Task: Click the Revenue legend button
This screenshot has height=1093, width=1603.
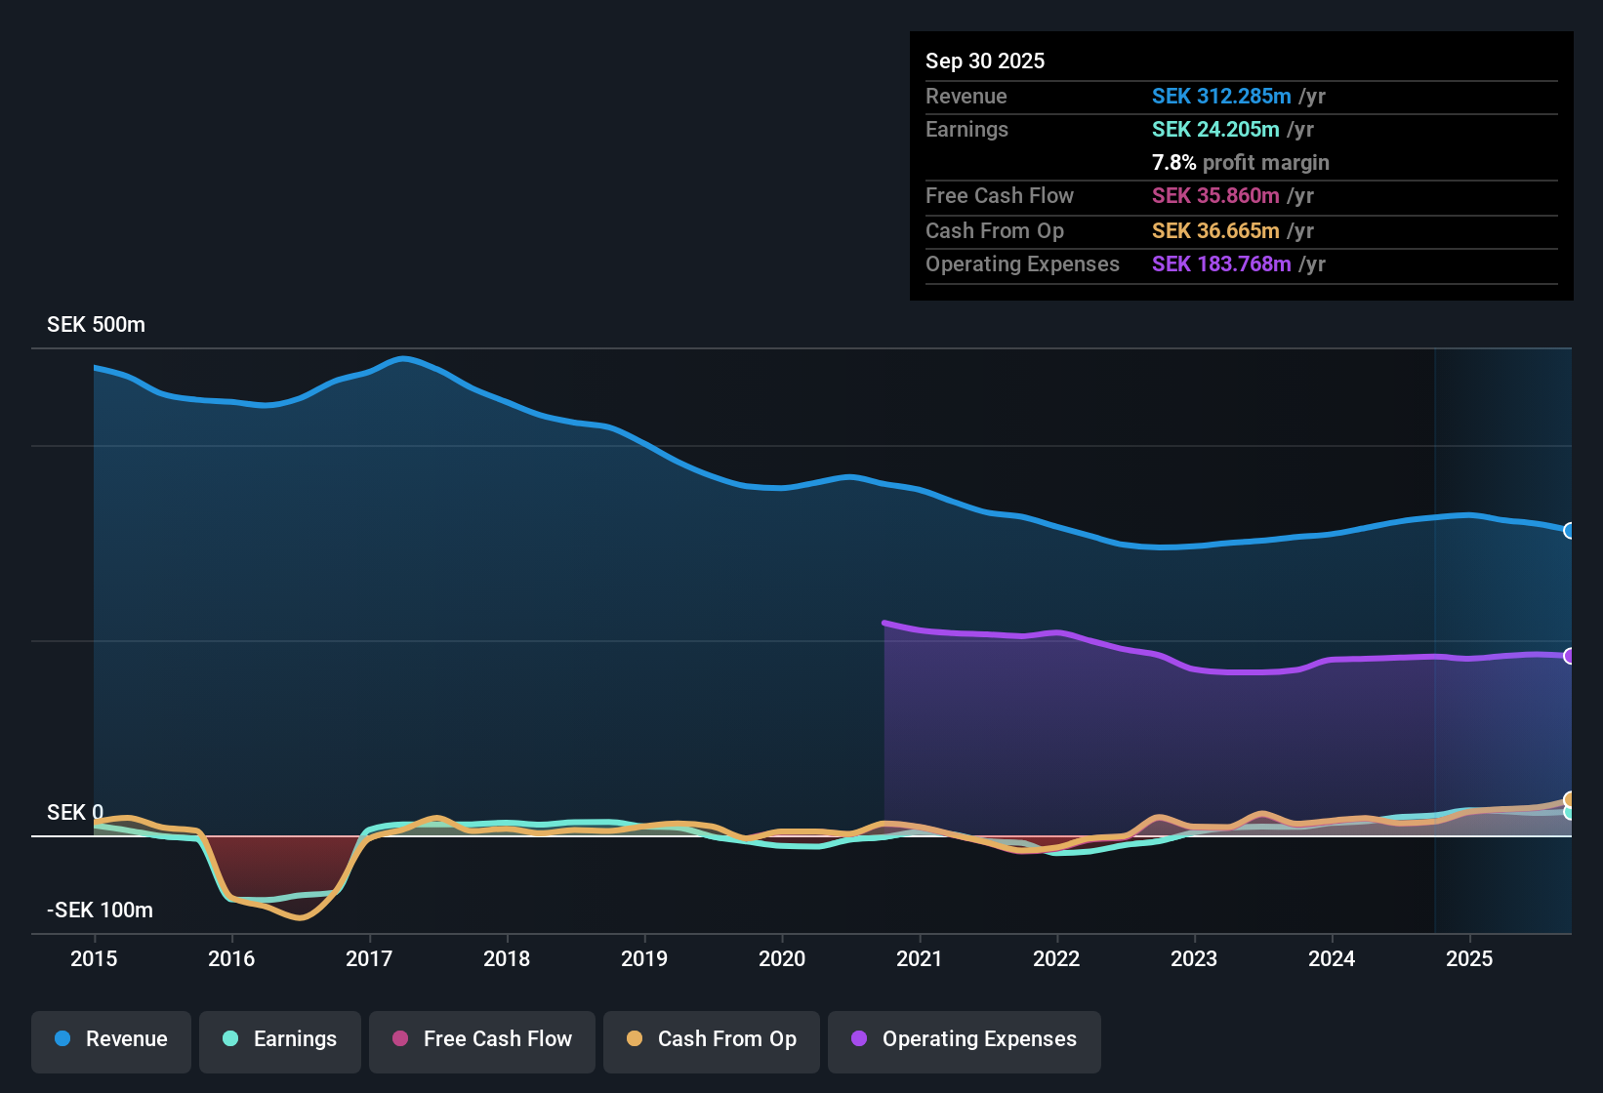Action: click(x=111, y=1039)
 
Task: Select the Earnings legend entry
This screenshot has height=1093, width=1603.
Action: click(x=280, y=1039)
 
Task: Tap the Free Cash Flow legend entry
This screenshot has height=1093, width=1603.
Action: click(x=482, y=1039)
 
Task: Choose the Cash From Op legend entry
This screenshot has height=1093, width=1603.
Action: click(x=712, y=1039)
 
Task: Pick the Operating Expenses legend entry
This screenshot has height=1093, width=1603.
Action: click(x=965, y=1039)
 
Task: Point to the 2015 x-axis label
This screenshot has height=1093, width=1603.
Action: click(x=94, y=958)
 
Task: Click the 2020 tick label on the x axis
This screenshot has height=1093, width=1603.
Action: click(x=782, y=958)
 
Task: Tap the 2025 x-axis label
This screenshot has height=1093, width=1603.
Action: click(x=1469, y=958)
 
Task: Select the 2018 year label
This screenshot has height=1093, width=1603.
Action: click(x=507, y=958)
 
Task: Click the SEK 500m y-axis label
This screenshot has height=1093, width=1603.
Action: click(x=96, y=325)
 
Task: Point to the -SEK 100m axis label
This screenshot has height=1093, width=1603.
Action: click(x=100, y=911)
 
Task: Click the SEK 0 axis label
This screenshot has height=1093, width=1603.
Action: click(x=75, y=813)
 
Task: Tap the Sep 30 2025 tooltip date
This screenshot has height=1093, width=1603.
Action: click(x=985, y=61)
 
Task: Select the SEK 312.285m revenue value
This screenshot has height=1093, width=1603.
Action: click(x=1221, y=96)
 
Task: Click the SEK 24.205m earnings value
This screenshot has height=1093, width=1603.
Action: click(x=1215, y=129)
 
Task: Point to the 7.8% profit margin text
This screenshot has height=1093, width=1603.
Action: click(x=1240, y=163)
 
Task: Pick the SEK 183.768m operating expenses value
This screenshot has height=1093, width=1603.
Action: click(x=1221, y=264)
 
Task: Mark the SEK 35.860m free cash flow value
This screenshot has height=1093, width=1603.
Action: click(x=1215, y=196)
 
